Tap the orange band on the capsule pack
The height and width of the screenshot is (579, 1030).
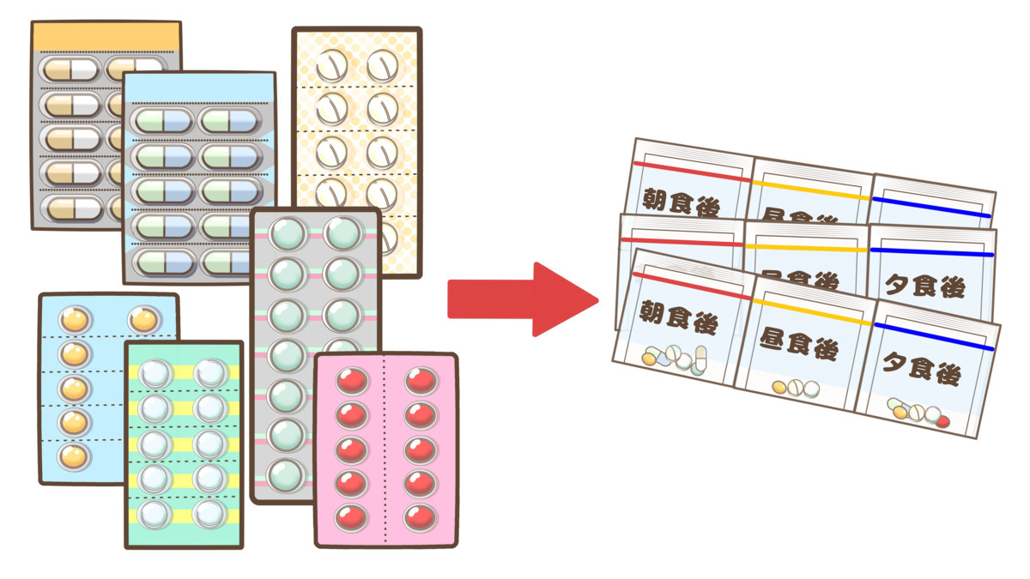[106, 36]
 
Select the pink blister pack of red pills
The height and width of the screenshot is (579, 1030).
[385, 450]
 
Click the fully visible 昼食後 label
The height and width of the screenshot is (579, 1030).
[800, 347]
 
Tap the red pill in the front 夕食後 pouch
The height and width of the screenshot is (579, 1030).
[944, 420]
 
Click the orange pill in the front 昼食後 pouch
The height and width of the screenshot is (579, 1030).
[779, 387]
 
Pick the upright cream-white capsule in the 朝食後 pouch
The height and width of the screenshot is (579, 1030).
[700, 355]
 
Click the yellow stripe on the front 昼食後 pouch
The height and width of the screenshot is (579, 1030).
[807, 312]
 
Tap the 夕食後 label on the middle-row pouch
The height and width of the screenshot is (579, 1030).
[924, 285]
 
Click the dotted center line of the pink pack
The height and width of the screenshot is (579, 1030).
[385, 450]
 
